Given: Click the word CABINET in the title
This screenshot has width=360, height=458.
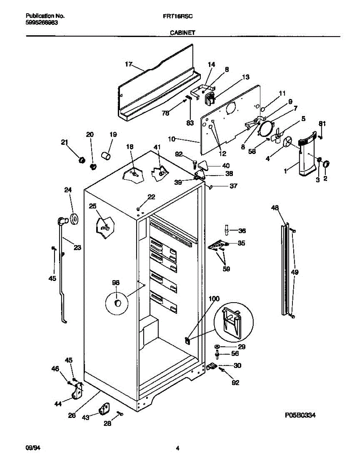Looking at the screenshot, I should point(182,33).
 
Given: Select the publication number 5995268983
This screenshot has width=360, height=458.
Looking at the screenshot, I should point(42,23).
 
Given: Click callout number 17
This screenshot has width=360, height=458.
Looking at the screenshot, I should point(128,65).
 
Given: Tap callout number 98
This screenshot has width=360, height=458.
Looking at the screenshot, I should point(116,283).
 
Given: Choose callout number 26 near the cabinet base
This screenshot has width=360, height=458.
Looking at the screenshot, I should point(72,416).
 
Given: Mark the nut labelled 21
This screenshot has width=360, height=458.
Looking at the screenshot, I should point(81,159).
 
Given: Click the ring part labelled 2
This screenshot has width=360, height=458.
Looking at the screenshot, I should point(326,164).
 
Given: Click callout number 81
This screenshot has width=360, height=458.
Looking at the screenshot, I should point(322,123).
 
